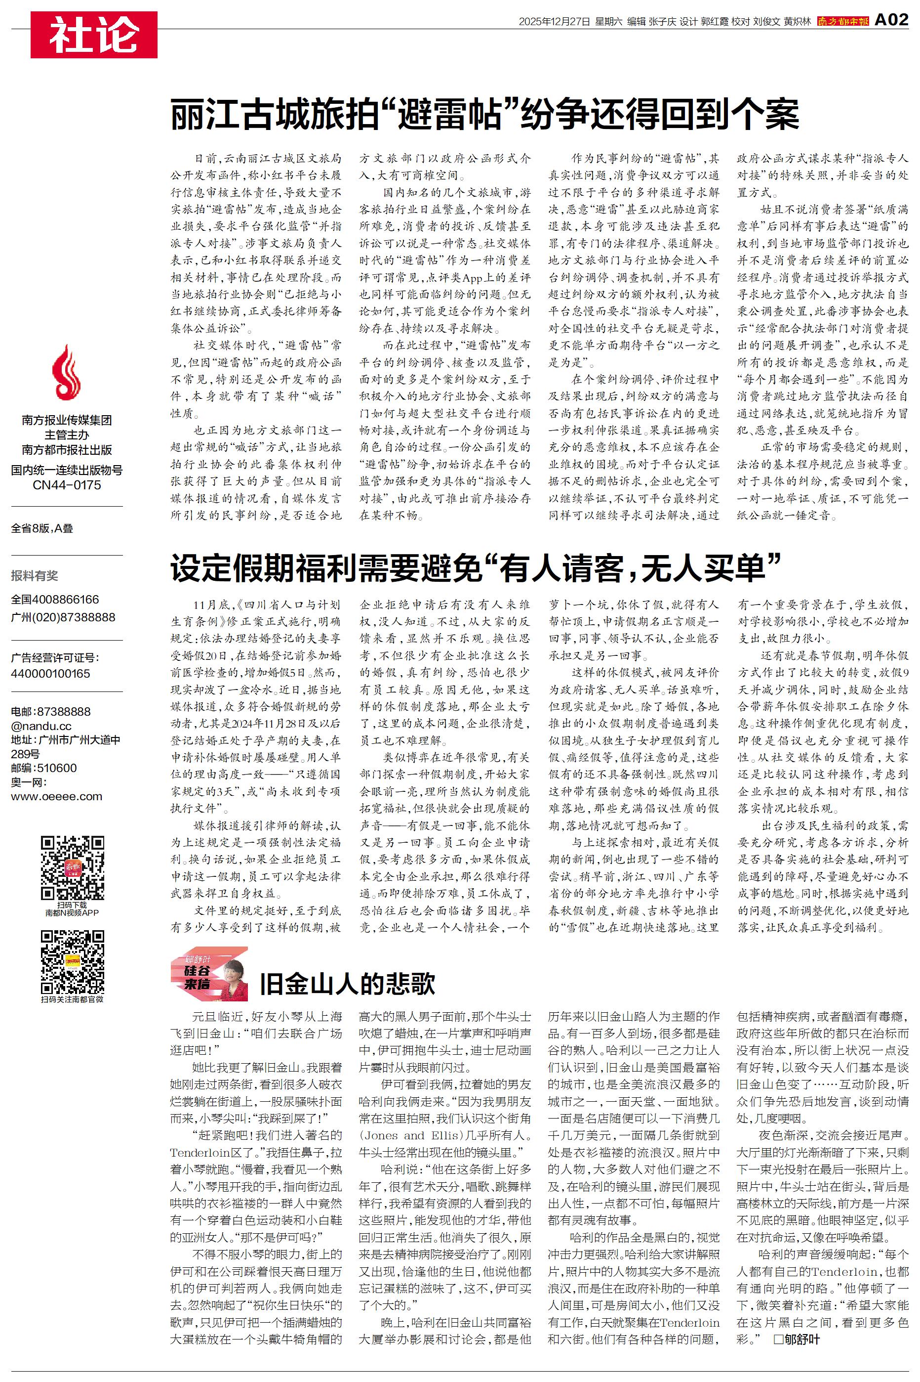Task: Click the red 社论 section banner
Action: pyautogui.click(x=94, y=35)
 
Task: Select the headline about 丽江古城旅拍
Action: pyautogui.click(x=484, y=115)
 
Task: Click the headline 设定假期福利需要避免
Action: pyautogui.click(x=475, y=568)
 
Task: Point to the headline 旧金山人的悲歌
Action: pyautogui.click(x=347, y=984)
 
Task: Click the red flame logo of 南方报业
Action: pyautogui.click(x=66, y=372)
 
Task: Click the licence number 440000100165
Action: pyautogui.click(x=50, y=673)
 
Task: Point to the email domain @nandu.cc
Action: pyautogui.click(x=41, y=726)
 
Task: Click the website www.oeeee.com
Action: pyautogui.click(x=56, y=797)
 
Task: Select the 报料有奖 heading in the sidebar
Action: pyautogui.click(x=35, y=575)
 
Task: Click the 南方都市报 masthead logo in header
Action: pyautogui.click(x=842, y=21)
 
